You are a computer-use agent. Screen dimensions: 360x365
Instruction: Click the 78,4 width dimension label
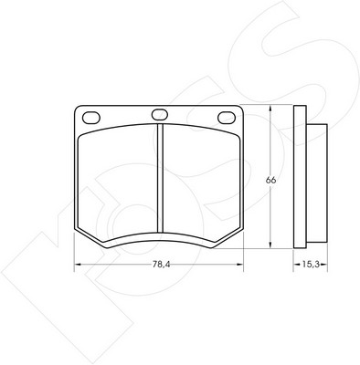tap(161, 265)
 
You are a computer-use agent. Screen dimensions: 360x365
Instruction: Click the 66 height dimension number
tap(270, 180)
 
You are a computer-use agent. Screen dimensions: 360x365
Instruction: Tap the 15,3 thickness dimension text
tap(311, 264)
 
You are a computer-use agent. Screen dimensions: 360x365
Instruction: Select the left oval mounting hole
tap(91, 118)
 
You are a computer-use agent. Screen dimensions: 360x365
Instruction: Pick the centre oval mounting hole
tap(160, 114)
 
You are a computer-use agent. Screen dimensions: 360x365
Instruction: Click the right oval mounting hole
tap(227, 118)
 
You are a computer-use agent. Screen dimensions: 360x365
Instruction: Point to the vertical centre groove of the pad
tap(160, 178)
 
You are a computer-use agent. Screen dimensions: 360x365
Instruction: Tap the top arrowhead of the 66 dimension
tap(270, 109)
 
